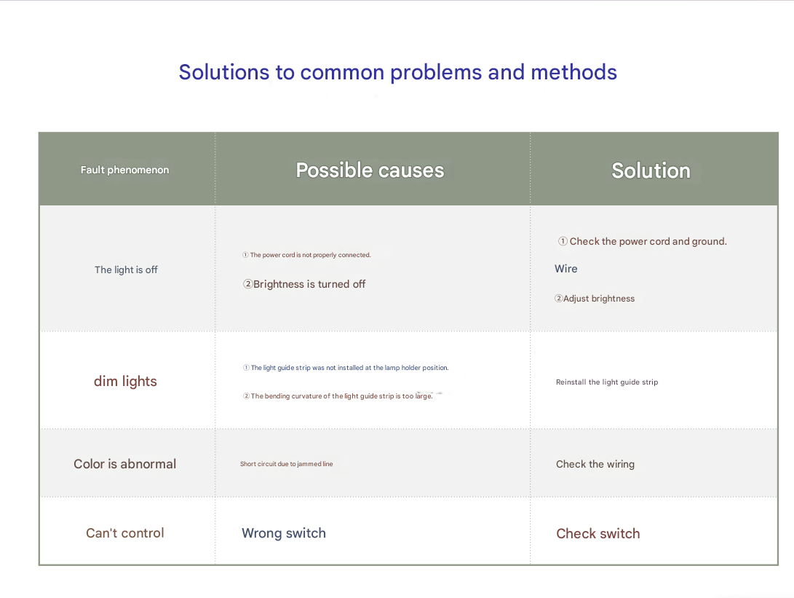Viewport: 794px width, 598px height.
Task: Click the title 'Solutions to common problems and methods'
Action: [398, 72]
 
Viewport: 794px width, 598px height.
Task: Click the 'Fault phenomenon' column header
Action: [124, 170]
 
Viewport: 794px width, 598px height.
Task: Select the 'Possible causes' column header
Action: [370, 170]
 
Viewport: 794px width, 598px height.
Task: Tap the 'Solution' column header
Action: [651, 170]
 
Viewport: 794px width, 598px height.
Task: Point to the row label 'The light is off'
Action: [126, 270]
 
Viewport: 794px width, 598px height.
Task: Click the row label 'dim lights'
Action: [126, 381]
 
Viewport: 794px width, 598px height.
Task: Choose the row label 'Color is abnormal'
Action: [125, 464]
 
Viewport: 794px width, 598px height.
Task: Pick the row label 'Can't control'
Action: [125, 532]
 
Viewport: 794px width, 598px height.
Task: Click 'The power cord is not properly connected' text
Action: [307, 255]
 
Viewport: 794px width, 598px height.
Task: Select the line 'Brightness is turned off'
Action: [304, 284]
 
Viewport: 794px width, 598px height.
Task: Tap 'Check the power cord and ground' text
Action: [642, 241]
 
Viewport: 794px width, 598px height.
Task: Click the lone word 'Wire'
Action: [566, 269]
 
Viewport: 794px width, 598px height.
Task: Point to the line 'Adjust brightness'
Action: [595, 299]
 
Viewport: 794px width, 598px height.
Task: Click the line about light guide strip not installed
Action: [346, 368]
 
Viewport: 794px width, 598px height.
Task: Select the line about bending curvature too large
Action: [338, 396]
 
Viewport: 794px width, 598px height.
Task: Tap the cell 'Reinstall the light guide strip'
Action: [607, 382]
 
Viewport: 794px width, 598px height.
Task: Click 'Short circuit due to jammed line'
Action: [287, 464]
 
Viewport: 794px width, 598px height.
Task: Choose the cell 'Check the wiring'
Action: [595, 464]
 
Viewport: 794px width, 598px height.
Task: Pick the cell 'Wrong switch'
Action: [284, 533]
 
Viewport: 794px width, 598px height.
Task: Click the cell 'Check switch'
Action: [598, 534]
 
